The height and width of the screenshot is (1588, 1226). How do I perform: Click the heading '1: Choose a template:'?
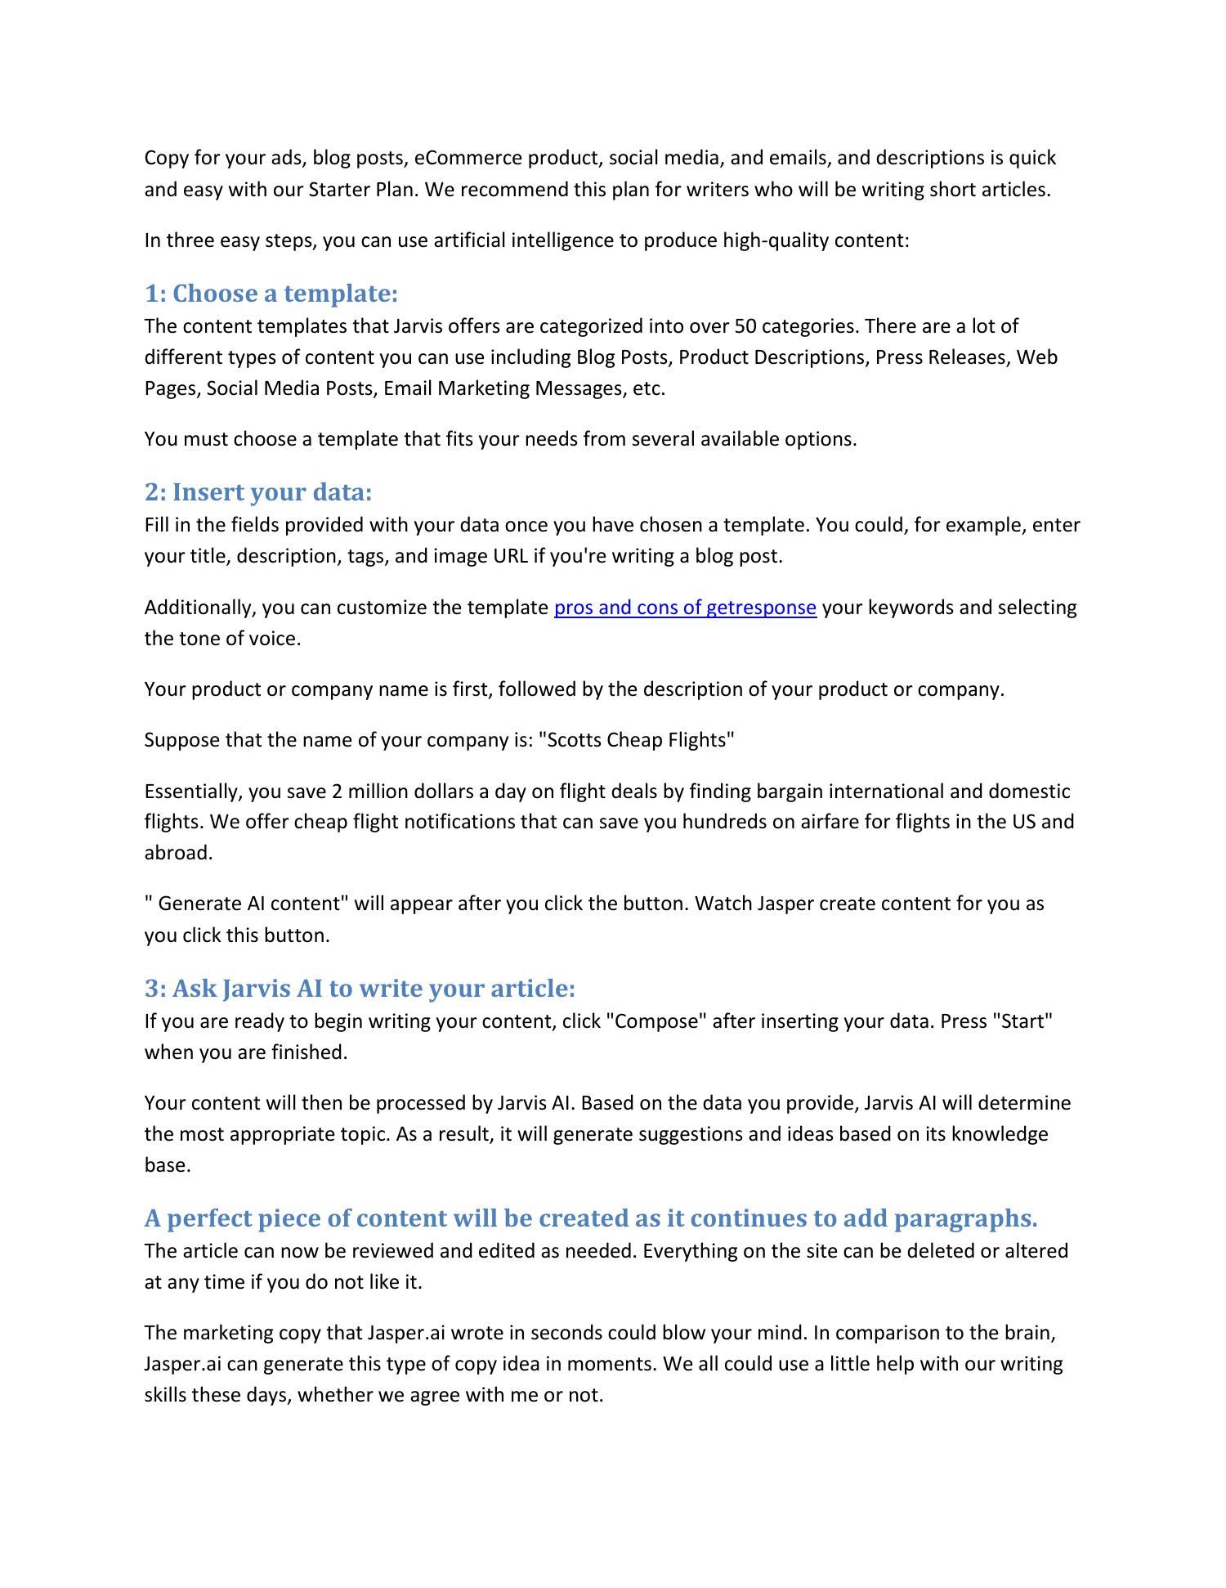pos(271,293)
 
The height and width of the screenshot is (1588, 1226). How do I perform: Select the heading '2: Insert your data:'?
pos(257,491)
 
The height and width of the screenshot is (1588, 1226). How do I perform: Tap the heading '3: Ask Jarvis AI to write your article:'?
pos(360,988)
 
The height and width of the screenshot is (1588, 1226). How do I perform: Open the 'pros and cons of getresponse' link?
pos(685,608)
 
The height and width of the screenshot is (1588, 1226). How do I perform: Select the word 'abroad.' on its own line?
pos(178,853)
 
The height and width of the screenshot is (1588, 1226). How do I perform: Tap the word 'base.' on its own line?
pos(168,1165)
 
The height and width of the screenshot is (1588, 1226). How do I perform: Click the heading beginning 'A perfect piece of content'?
pos(590,1218)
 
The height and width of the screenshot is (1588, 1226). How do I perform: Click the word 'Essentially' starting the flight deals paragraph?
pos(193,792)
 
